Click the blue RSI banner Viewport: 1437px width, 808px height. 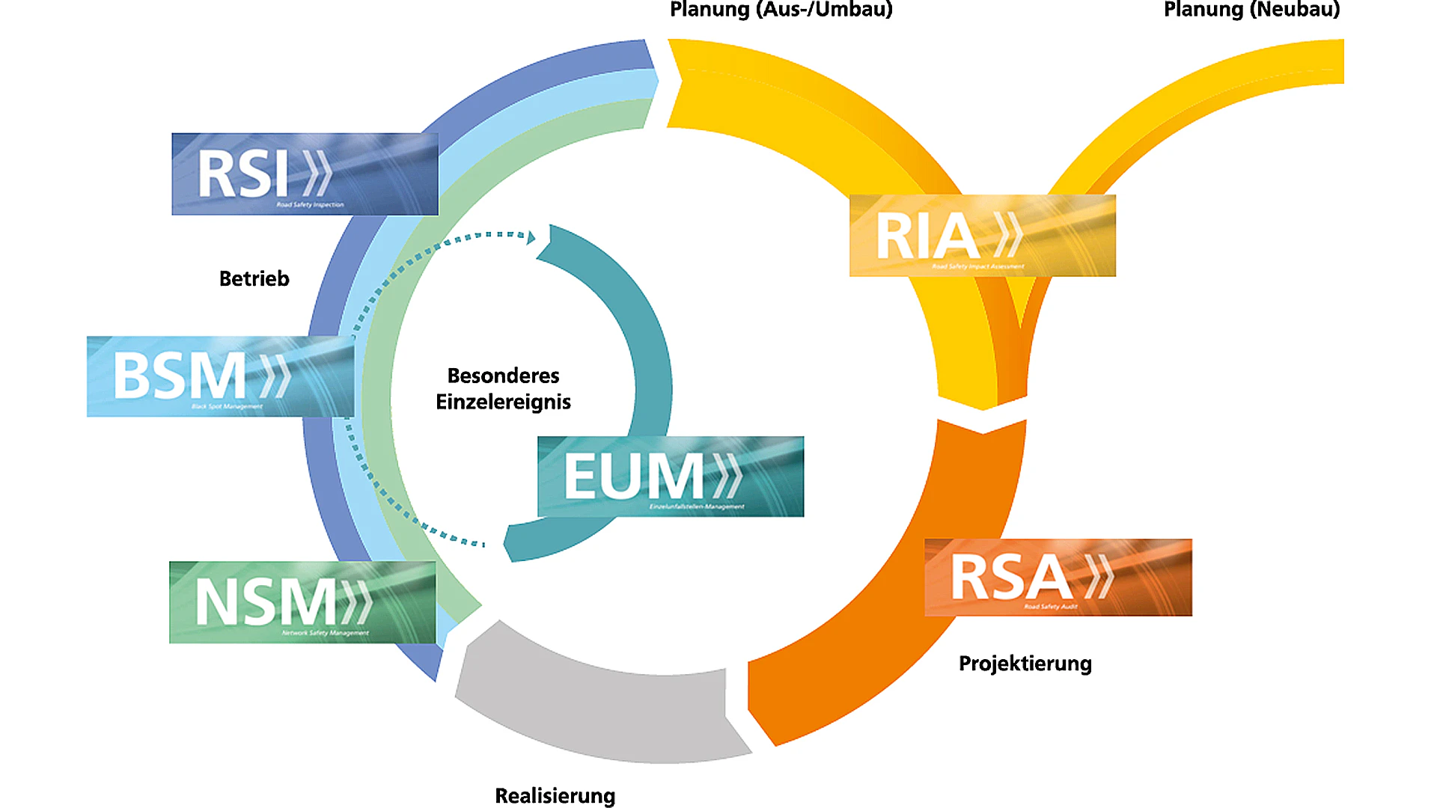coord(305,174)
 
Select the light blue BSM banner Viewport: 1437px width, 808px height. coord(220,376)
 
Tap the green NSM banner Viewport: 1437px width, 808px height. coord(302,602)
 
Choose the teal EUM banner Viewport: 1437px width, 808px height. coord(671,477)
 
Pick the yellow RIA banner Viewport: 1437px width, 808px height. coord(982,236)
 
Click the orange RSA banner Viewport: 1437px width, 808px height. coord(1058,578)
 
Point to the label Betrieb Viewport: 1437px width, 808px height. coord(254,279)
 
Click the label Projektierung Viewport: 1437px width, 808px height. coord(1025,664)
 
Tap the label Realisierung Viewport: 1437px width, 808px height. coord(555,795)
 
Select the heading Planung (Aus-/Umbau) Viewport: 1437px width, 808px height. coord(781,10)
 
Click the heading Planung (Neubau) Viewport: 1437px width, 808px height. coord(1251,10)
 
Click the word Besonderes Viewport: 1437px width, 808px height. coord(503,376)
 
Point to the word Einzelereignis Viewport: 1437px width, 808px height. coord(503,403)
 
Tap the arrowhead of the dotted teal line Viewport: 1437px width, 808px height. coord(531,238)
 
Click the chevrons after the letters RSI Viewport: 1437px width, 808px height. coord(317,174)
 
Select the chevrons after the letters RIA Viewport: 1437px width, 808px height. coord(1008,235)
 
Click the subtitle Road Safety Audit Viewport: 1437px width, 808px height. coord(1051,607)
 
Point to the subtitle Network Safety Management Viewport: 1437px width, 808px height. coord(325,633)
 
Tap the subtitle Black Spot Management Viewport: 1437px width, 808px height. coord(227,407)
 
